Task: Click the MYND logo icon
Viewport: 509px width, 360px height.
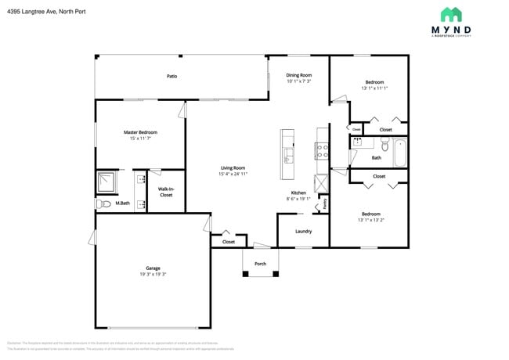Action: [450, 15]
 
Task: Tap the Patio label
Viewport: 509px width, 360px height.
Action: [171, 77]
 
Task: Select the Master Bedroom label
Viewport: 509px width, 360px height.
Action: [140, 132]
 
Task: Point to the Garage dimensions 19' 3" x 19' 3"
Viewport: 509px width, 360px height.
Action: [153, 275]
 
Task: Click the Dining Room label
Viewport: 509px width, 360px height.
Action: [298, 74]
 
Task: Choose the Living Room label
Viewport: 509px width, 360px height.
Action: [233, 167]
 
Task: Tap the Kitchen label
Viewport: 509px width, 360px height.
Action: [298, 193]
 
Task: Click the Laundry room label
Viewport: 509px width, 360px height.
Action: [304, 231]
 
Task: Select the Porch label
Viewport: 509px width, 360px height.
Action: [261, 264]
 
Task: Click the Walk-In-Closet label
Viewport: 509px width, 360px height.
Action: [166, 192]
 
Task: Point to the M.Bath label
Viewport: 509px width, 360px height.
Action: [122, 203]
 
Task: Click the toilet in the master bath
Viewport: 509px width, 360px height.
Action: [102, 203]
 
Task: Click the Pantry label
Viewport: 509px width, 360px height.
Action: [324, 203]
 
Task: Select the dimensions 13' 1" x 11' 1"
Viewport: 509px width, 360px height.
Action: [374, 88]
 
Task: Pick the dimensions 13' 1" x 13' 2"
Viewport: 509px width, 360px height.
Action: [371, 220]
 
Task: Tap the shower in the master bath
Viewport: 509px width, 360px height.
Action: [106, 182]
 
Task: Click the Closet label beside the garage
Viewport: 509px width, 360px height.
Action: [229, 242]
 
